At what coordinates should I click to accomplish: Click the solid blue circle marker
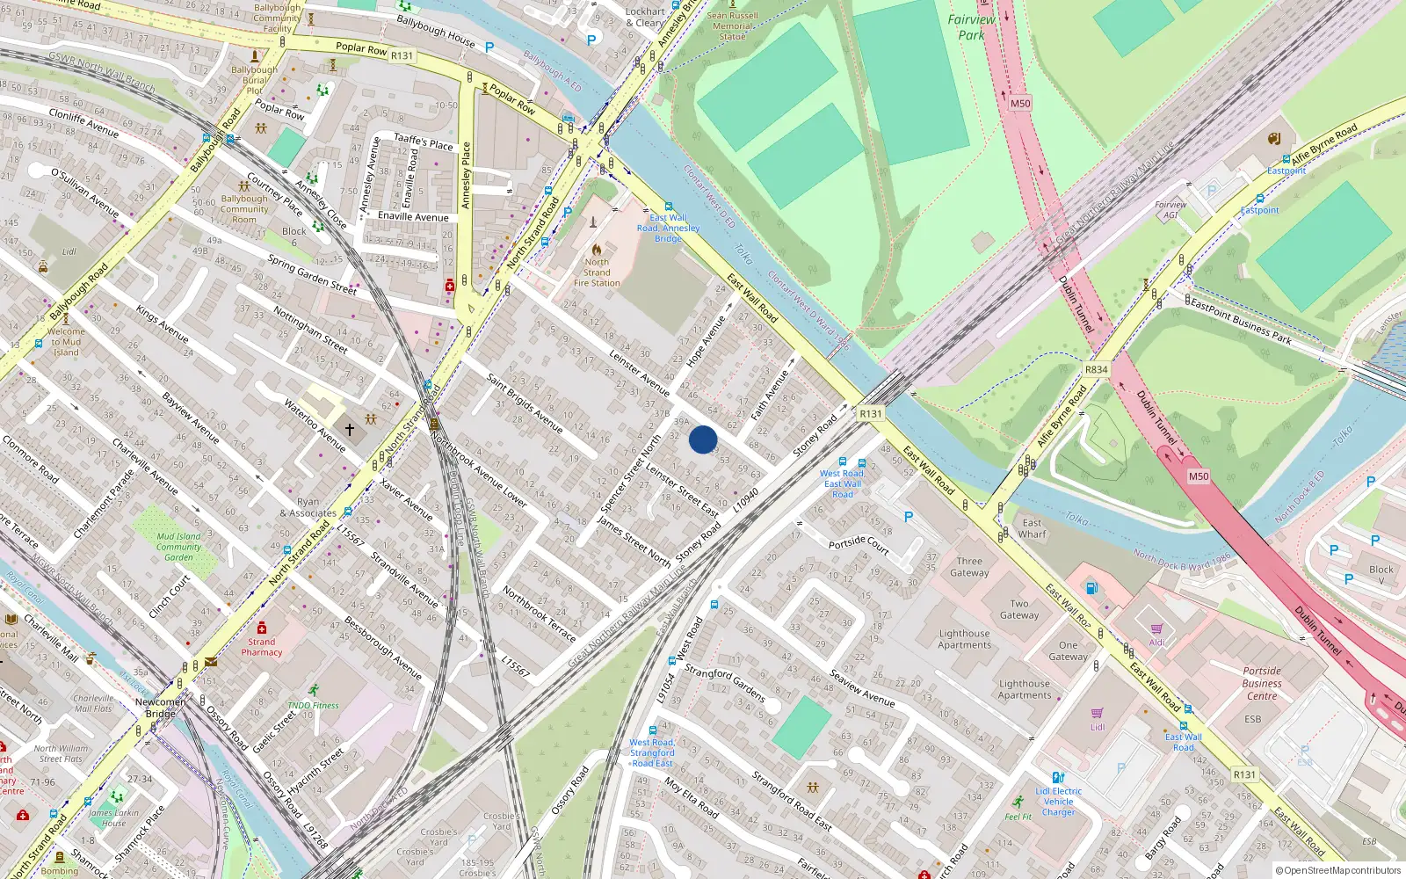pos(703,439)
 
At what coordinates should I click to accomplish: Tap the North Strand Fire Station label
pos(597,272)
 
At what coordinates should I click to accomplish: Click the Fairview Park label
pos(971,27)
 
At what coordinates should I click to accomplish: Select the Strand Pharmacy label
pos(262,647)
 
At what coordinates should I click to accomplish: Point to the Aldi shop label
pos(1156,642)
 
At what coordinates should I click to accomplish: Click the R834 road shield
pos(1096,369)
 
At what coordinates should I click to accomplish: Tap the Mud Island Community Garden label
pos(178,547)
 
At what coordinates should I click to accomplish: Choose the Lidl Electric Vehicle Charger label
pos(1058,802)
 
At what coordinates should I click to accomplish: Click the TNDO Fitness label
pos(313,705)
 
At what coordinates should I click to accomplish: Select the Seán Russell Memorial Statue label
pos(732,26)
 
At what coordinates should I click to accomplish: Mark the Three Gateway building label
pos(969,567)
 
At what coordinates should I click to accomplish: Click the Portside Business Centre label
pos(1262,683)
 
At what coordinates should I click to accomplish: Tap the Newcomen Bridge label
pos(160,708)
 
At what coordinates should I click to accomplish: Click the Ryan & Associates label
pos(308,508)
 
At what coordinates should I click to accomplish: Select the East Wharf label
pos(1032,528)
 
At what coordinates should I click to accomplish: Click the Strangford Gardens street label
pos(724,683)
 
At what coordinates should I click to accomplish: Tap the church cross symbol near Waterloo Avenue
pos(350,430)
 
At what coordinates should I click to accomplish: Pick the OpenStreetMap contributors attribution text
pos(1342,871)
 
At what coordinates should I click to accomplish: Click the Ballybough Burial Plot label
pos(254,80)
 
